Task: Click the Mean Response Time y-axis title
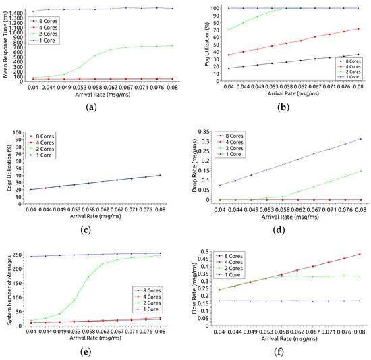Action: coord(5,43)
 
